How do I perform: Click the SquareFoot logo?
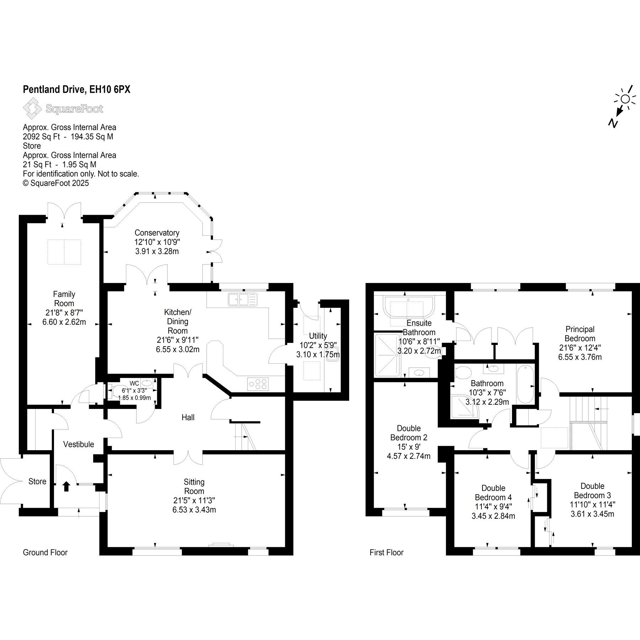pyautogui.click(x=63, y=109)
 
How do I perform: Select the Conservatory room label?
pyautogui.click(x=157, y=233)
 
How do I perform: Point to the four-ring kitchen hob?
pyautogui.click(x=258, y=384)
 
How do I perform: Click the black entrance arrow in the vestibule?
pyautogui.click(x=66, y=486)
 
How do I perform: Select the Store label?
pyautogui.click(x=37, y=481)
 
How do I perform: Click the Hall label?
pyautogui.click(x=188, y=417)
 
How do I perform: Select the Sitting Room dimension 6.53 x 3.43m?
pyautogui.click(x=194, y=510)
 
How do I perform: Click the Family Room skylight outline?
pyautogui.click(x=64, y=252)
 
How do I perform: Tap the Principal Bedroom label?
pyautogui.click(x=580, y=334)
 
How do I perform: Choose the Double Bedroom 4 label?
pyautogui.click(x=494, y=493)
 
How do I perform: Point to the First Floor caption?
pyautogui.click(x=386, y=553)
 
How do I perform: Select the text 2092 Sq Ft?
pyautogui.click(x=41, y=137)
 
